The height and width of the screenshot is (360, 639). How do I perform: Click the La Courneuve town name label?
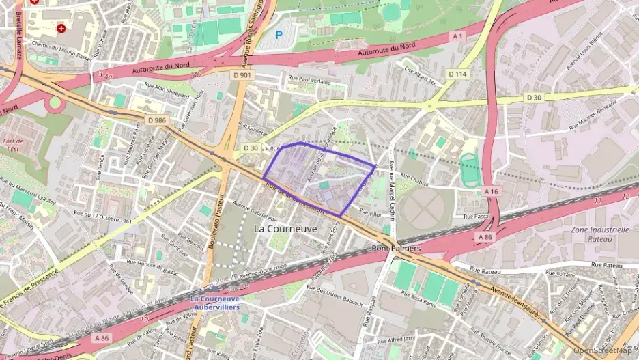point(285,229)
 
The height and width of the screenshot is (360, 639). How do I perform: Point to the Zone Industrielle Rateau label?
point(601,234)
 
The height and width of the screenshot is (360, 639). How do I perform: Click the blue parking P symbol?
point(278,34)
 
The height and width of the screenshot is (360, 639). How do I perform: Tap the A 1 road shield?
point(457,36)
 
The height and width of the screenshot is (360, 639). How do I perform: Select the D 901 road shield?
point(242,74)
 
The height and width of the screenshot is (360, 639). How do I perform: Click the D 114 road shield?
point(457,73)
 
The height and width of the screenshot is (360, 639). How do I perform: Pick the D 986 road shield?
point(157,120)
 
